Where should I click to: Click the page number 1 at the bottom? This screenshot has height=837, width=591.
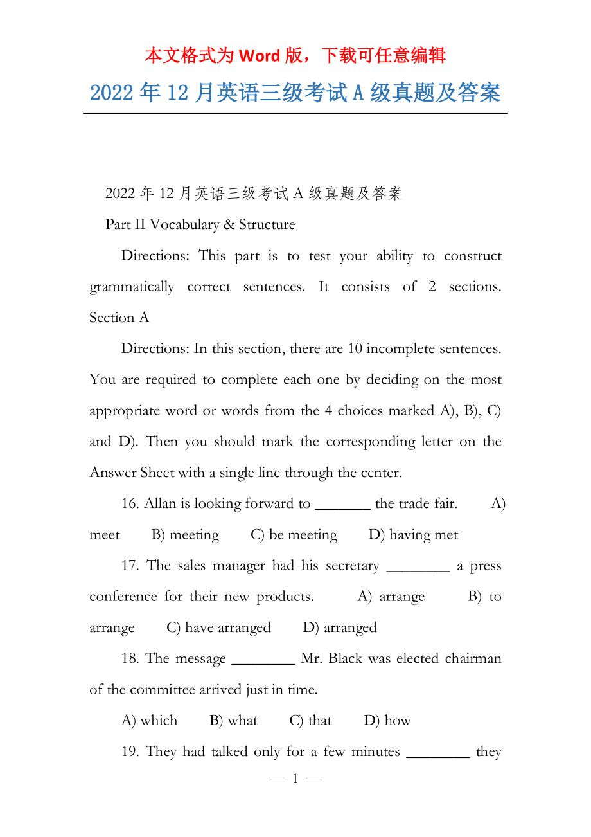tap(295, 779)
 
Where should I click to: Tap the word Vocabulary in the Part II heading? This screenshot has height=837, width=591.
tap(184, 224)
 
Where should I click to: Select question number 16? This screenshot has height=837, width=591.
tap(130, 503)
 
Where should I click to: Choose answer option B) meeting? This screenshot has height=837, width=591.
tap(186, 535)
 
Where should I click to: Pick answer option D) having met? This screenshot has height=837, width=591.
tap(413, 535)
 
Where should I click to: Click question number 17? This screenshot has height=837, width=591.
tap(130, 566)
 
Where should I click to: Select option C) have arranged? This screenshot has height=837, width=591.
tap(218, 627)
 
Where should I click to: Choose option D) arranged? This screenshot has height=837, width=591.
tap(340, 627)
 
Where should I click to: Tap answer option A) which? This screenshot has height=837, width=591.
tap(149, 721)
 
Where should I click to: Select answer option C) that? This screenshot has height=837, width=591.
tap(311, 721)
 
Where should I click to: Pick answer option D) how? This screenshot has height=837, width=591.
tap(387, 721)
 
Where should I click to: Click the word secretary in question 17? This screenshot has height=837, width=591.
tap(352, 566)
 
